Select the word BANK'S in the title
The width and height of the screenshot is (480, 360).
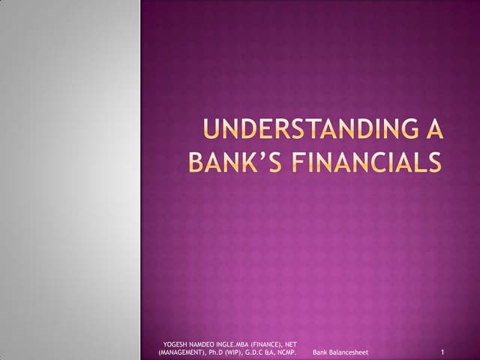coord(229,163)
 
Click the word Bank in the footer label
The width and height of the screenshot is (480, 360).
coord(321,352)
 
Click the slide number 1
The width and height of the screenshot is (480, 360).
coord(444,352)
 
